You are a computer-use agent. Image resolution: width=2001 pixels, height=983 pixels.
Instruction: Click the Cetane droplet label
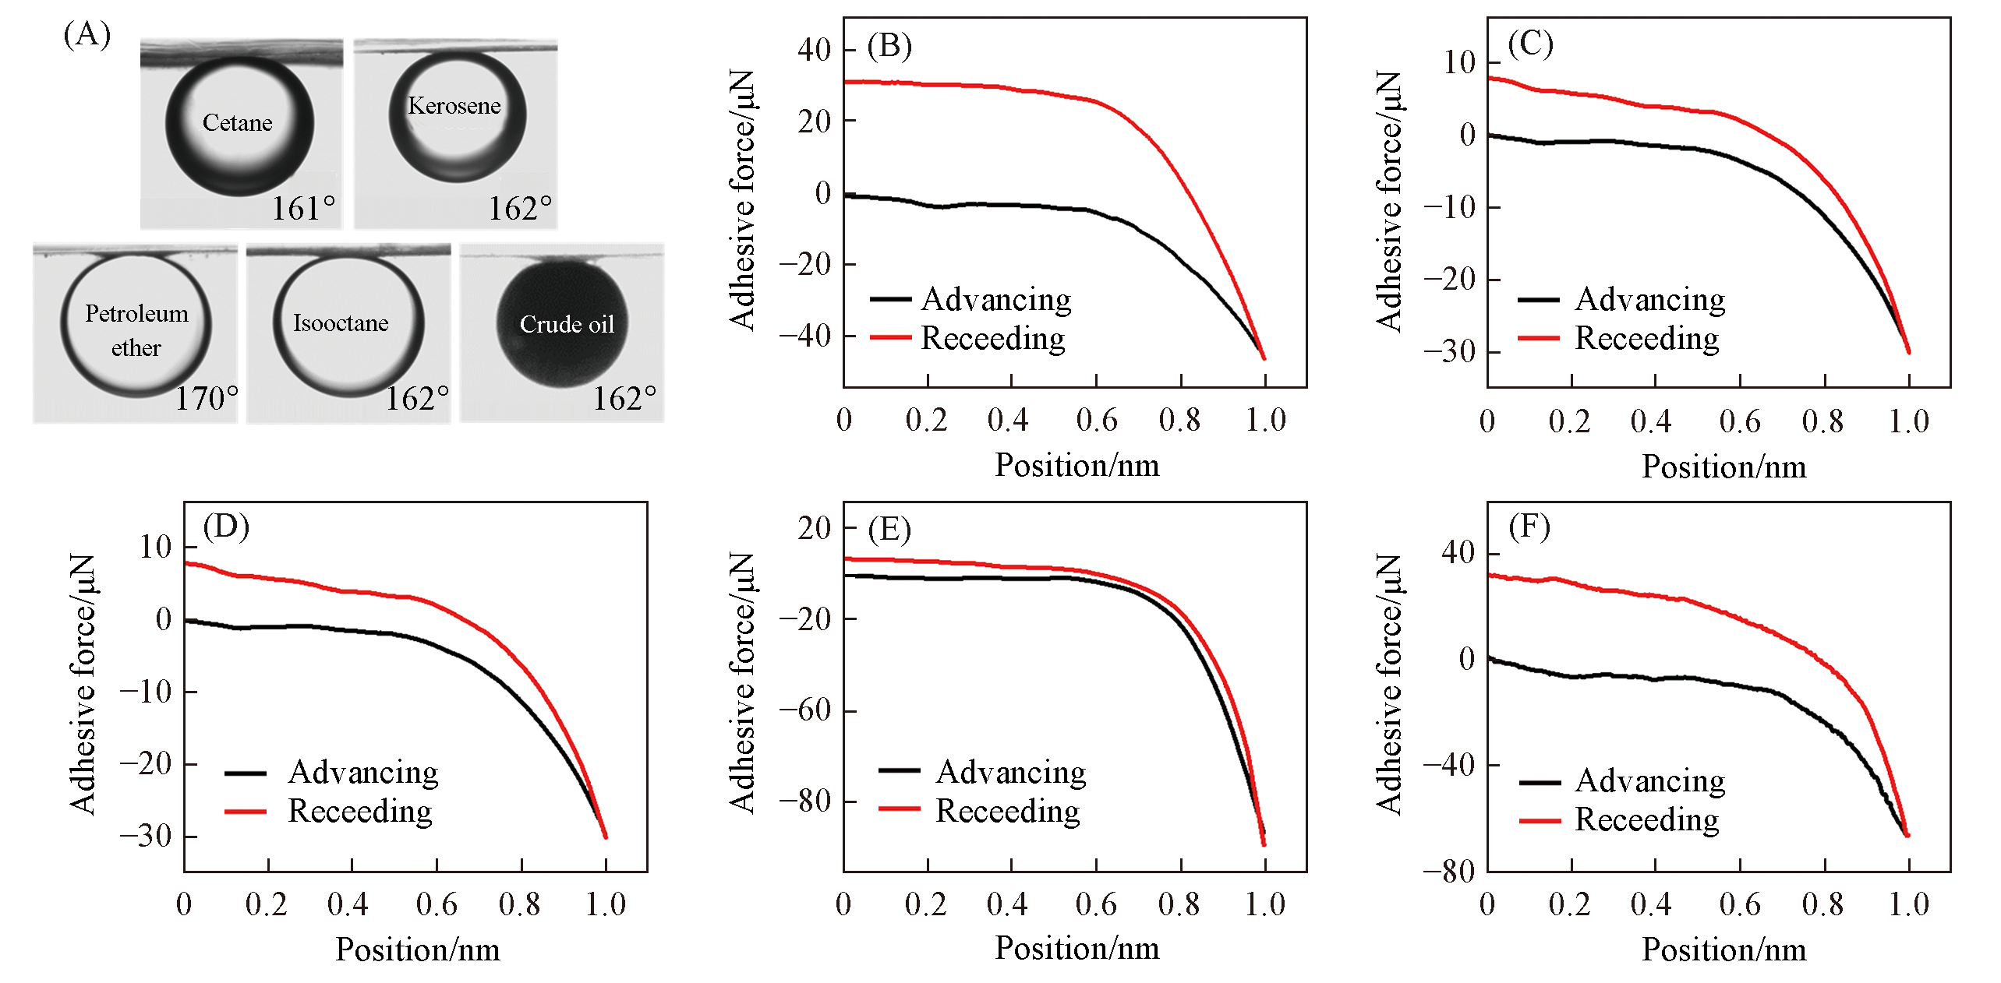click(237, 123)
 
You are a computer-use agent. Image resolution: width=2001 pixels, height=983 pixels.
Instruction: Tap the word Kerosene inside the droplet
click(454, 106)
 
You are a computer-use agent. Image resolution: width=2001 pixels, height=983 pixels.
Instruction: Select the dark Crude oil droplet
click(562, 324)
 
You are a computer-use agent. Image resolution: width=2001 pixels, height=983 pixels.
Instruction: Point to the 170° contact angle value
click(206, 399)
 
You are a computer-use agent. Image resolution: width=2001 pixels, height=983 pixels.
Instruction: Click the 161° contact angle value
click(303, 209)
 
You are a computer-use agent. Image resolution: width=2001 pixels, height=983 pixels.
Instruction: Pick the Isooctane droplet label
click(341, 323)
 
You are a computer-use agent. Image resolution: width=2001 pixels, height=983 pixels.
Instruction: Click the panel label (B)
click(889, 46)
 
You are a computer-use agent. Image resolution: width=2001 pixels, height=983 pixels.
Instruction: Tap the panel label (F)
click(1529, 527)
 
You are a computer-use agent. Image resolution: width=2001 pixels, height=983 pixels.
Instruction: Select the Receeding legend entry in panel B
click(992, 338)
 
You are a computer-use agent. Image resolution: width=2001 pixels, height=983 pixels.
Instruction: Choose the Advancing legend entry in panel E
click(1010, 772)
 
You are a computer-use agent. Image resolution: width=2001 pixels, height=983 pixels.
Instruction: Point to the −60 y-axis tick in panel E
click(806, 710)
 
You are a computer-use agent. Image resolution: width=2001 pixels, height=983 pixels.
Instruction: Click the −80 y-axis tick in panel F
click(1449, 871)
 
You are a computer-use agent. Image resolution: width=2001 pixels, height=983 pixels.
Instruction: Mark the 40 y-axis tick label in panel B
click(815, 50)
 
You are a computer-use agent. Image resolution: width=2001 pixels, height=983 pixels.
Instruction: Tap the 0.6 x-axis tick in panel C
click(1739, 421)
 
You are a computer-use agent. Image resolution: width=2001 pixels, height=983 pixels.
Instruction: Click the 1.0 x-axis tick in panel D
click(606, 904)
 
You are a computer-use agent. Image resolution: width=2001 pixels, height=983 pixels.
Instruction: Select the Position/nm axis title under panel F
click(1723, 950)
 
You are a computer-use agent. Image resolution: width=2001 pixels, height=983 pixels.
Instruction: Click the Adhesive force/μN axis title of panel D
click(83, 684)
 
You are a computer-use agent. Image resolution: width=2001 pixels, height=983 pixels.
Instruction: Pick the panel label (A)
click(87, 35)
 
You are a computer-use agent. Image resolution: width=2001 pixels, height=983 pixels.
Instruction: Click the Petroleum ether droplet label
click(136, 330)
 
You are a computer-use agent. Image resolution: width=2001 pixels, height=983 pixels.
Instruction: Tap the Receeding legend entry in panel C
click(1646, 338)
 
